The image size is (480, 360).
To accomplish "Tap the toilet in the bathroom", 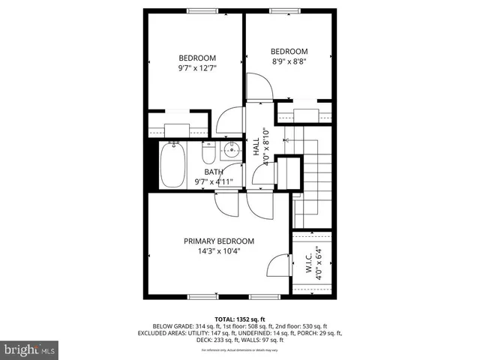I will [209, 153].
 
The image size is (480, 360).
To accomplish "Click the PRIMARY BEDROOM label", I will [219, 241].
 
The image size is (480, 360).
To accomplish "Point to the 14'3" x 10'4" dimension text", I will [219, 251].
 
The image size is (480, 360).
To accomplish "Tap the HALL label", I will [256, 146].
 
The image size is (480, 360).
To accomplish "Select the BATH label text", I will [214, 171].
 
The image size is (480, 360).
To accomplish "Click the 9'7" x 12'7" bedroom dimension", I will [196, 68].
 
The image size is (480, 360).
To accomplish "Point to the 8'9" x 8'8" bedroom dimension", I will [289, 61].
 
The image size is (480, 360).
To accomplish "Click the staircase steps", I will [315, 180].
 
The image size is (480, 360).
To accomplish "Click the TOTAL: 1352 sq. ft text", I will [240, 318].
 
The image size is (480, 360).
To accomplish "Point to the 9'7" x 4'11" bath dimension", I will [214, 181].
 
